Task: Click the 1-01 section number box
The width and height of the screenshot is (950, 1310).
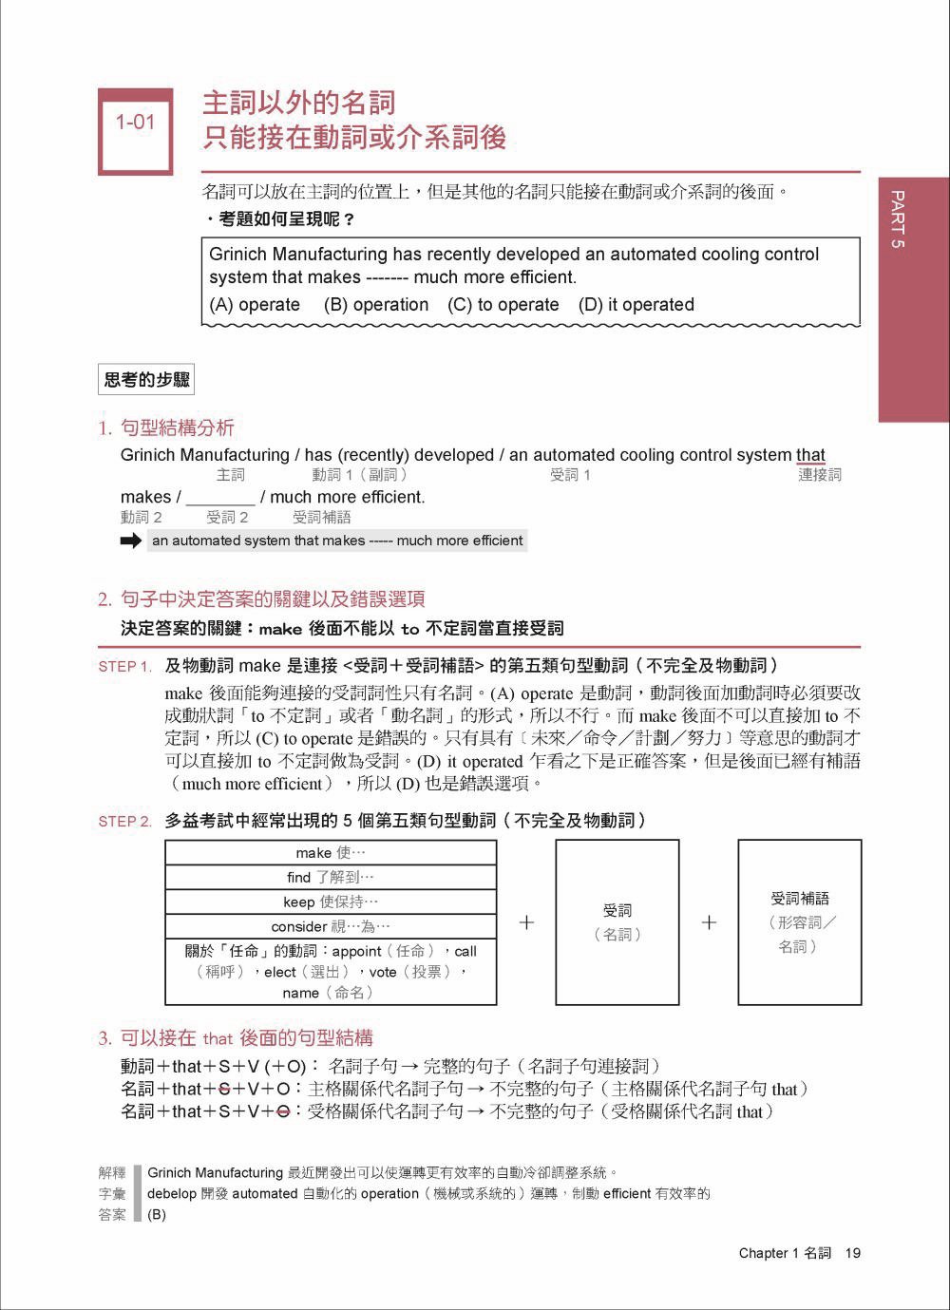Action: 135,131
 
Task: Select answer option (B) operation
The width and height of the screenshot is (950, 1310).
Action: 376,305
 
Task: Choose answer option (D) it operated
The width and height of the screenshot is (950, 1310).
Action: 636,305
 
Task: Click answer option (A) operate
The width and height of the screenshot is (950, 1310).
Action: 255,305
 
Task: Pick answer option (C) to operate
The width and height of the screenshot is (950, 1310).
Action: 503,305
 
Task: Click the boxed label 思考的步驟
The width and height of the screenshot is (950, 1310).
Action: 146,380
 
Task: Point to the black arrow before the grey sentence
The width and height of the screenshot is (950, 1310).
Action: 131,541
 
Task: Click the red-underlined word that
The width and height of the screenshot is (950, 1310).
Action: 810,455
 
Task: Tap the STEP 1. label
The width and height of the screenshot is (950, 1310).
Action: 124,667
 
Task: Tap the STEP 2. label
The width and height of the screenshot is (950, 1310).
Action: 124,822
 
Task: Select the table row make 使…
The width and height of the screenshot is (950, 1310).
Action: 331,852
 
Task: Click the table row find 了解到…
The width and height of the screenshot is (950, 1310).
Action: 331,877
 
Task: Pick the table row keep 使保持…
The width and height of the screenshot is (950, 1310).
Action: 331,902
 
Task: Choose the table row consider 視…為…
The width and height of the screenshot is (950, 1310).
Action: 331,926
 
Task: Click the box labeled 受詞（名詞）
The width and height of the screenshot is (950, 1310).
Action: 617,921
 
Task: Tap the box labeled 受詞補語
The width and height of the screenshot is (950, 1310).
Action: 800,921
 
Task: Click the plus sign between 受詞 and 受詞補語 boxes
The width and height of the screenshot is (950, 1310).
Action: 709,922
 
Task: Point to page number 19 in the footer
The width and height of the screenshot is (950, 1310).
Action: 852,1253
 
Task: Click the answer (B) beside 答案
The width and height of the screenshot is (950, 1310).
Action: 157,1215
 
